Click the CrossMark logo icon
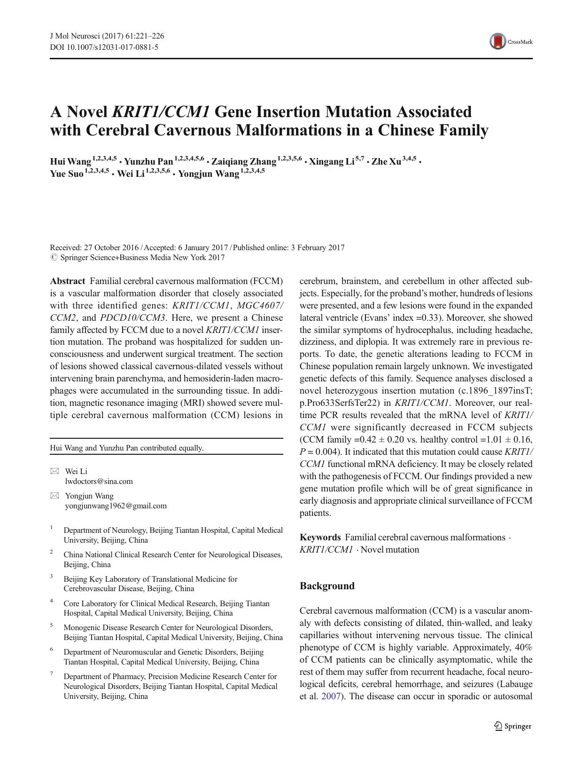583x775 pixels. coord(497,41)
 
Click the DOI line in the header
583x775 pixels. coord(104,47)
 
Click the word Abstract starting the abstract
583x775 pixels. coord(68,281)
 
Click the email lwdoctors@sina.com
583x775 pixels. coord(99,481)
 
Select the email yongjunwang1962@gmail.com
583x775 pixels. coord(116,506)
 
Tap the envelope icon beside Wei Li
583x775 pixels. coord(55,471)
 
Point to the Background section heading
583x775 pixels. coord(327,586)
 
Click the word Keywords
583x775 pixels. coord(320,537)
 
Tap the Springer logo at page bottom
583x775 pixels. coord(513,726)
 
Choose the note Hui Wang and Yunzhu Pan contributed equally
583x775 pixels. coord(127,448)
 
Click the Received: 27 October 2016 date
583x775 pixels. coord(94,247)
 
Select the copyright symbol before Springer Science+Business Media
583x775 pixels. coord(54,258)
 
